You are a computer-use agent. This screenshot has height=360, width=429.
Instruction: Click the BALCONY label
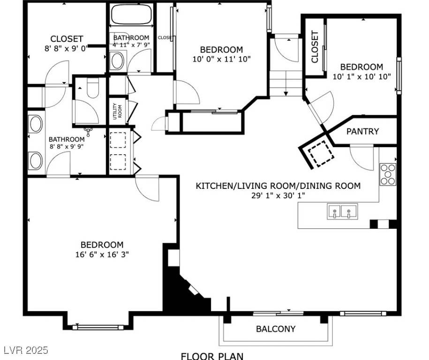coord(276,329)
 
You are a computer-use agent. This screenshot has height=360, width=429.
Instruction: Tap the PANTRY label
coord(362,131)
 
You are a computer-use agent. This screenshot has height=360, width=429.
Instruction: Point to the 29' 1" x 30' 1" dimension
coord(278,195)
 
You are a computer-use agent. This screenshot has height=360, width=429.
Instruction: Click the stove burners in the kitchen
coord(387,174)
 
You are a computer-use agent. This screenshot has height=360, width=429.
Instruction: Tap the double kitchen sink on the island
coord(342,211)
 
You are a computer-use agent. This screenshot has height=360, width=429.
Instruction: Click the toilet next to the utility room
coord(93,88)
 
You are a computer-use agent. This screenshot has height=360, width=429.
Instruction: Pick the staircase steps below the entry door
coord(286,85)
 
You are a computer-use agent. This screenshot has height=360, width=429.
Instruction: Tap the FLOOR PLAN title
coord(212,355)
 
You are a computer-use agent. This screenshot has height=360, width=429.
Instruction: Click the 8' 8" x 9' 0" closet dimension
coord(67,48)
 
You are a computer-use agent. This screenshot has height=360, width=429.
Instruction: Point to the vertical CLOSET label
coord(315,47)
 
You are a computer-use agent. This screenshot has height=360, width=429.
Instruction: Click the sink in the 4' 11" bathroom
coord(117,61)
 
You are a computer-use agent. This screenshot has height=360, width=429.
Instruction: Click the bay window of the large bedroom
coord(99,327)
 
